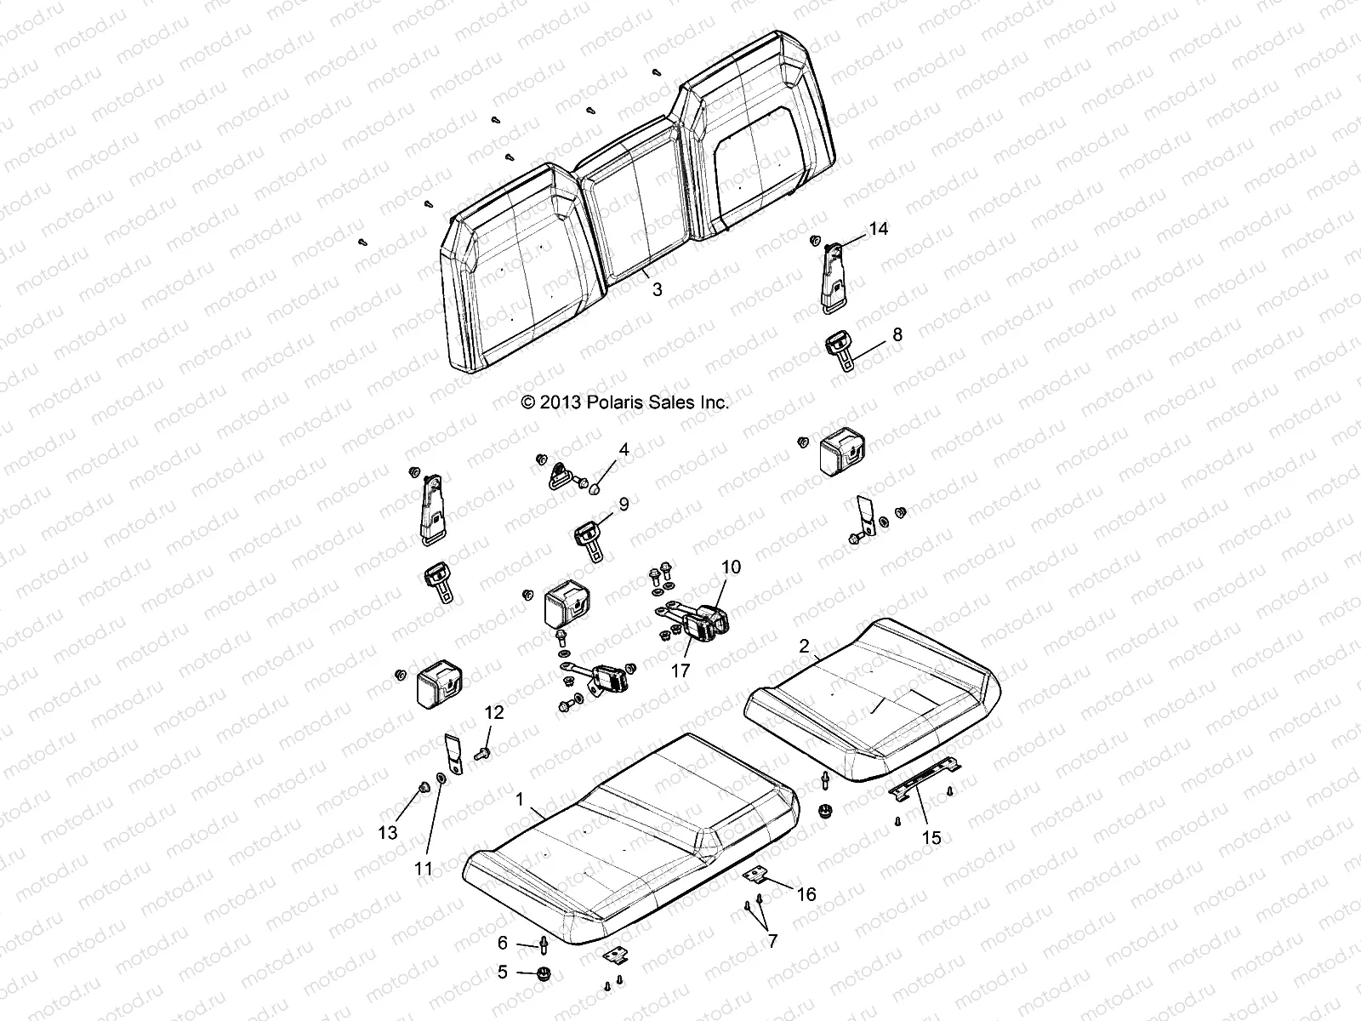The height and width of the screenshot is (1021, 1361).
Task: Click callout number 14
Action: (x=878, y=230)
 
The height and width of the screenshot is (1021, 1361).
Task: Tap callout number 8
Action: (x=897, y=334)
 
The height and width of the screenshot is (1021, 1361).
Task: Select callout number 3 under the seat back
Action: (x=657, y=289)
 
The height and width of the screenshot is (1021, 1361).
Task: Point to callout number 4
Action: (x=624, y=449)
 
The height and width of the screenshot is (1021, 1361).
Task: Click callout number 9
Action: (x=624, y=504)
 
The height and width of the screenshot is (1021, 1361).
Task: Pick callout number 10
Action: (x=731, y=567)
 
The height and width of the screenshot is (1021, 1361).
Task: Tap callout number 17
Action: (x=680, y=670)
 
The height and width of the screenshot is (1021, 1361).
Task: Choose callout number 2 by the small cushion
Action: (x=804, y=647)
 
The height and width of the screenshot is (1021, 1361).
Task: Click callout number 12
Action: (x=494, y=713)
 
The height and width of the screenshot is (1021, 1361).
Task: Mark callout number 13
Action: (x=388, y=833)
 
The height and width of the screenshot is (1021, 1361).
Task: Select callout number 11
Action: (x=424, y=869)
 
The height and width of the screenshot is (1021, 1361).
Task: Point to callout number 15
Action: (x=932, y=837)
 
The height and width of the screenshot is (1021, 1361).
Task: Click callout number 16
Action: (x=806, y=893)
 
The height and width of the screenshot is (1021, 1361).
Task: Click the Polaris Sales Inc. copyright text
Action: (x=625, y=402)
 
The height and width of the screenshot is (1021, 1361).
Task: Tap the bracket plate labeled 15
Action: (x=923, y=779)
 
